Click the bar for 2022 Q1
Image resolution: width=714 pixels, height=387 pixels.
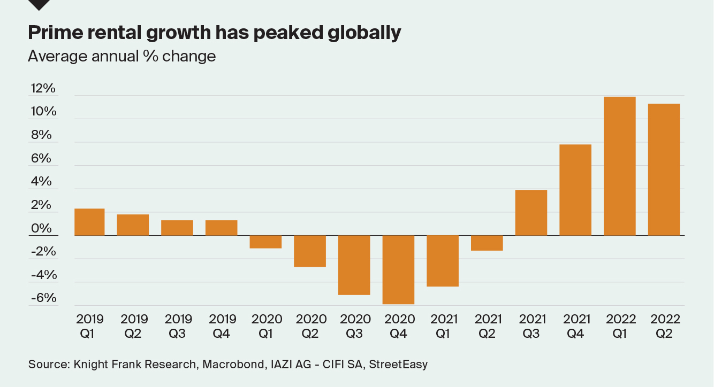click(x=619, y=166)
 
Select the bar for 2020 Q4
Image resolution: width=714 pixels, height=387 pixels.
click(x=398, y=269)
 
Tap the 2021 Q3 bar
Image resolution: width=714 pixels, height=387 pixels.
click(x=531, y=213)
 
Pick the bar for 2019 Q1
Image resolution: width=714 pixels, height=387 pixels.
click(x=89, y=222)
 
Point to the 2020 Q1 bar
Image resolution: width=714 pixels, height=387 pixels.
click(x=265, y=242)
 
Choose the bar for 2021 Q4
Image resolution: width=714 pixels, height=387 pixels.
click(x=575, y=190)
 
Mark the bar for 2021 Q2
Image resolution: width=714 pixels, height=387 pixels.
click(x=487, y=243)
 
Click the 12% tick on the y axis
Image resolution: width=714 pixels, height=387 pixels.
click(x=43, y=89)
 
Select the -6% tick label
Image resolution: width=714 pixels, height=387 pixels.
click(x=43, y=298)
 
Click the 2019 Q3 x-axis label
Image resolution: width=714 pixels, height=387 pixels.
click(x=178, y=326)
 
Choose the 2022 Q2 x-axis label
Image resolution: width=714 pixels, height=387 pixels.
click(x=665, y=326)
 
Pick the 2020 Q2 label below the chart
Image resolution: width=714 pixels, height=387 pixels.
click(x=311, y=326)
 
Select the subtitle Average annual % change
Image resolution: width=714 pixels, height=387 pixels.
click(x=122, y=56)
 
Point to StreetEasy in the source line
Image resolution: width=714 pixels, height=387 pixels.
click(x=399, y=365)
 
